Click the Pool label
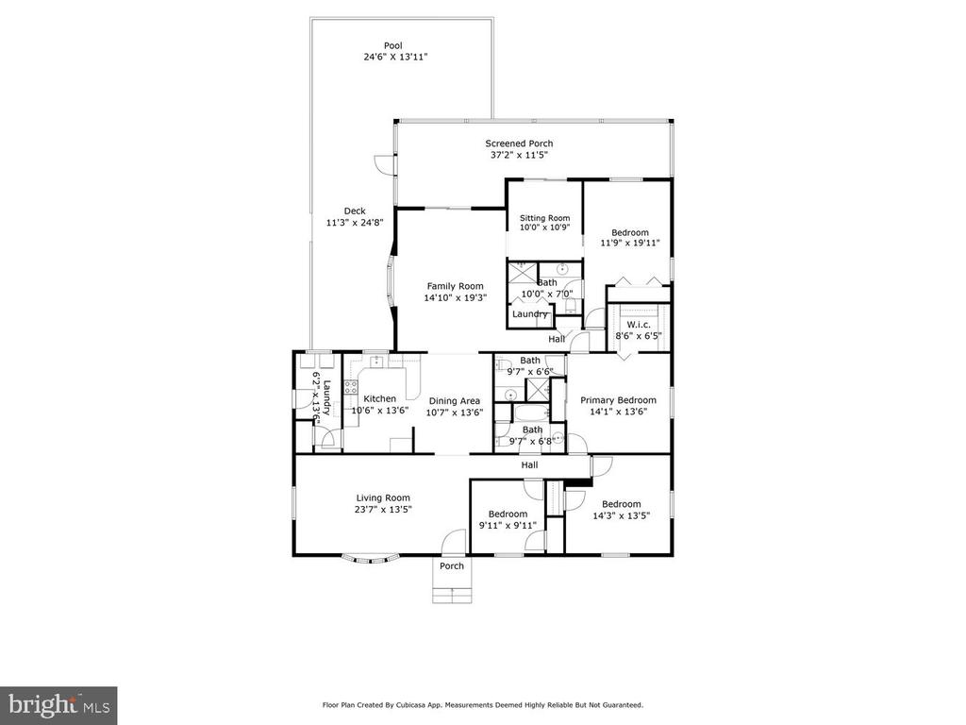coord(393,45)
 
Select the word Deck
coord(355,211)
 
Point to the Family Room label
coord(456,286)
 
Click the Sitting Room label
coord(544,218)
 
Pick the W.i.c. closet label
coord(639,325)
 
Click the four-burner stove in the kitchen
coord(351,387)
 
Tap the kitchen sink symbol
coord(377,361)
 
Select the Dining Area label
coord(455,400)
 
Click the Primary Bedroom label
coord(618,400)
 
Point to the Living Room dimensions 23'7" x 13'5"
coord(383,509)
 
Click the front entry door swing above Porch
coord(454,540)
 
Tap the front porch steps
coord(452,596)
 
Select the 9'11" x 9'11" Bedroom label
coord(508,514)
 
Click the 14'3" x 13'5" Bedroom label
coord(621,504)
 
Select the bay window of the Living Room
coord(369,560)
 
